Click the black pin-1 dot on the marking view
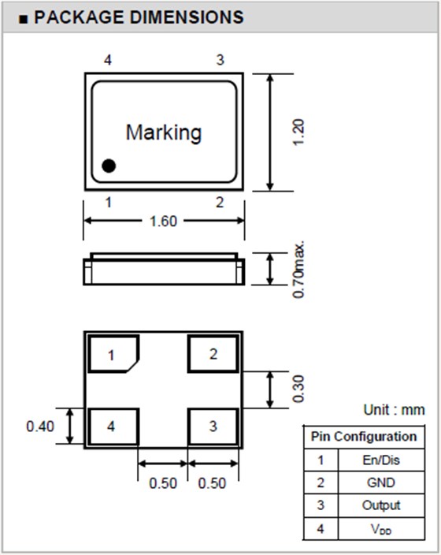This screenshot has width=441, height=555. (109, 166)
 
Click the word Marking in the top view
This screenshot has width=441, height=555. (164, 133)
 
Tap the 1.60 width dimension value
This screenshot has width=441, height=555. (163, 222)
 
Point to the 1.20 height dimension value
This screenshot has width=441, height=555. (298, 132)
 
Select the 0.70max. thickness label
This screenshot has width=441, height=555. (298, 270)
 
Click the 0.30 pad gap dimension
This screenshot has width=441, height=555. (298, 389)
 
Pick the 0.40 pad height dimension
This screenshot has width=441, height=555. (40, 426)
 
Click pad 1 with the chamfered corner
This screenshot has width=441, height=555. (113, 354)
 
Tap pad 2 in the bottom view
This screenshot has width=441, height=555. (213, 354)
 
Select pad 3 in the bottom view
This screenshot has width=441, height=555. (213, 426)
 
